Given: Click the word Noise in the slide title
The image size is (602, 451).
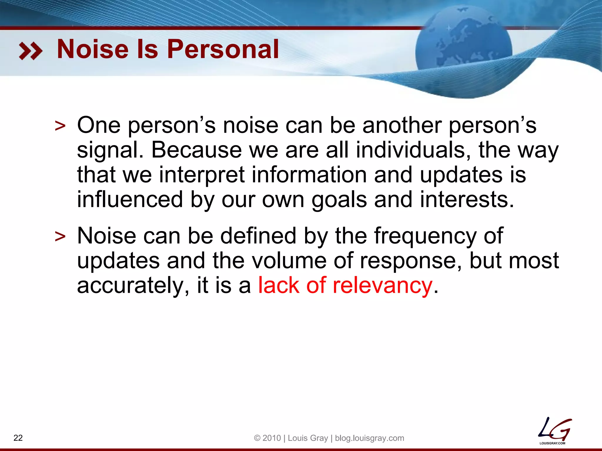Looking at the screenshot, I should click(x=93, y=49).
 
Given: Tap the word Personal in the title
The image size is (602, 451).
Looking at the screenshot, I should click(x=223, y=49).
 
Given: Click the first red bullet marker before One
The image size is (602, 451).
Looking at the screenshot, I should click(x=60, y=126).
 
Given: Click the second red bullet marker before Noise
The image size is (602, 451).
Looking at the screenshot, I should click(x=60, y=237).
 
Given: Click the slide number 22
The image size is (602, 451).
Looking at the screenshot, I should click(x=18, y=438).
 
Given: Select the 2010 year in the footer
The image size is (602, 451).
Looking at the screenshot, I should click(x=272, y=438).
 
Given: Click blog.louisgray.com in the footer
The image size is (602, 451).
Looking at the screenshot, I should click(x=369, y=438).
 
